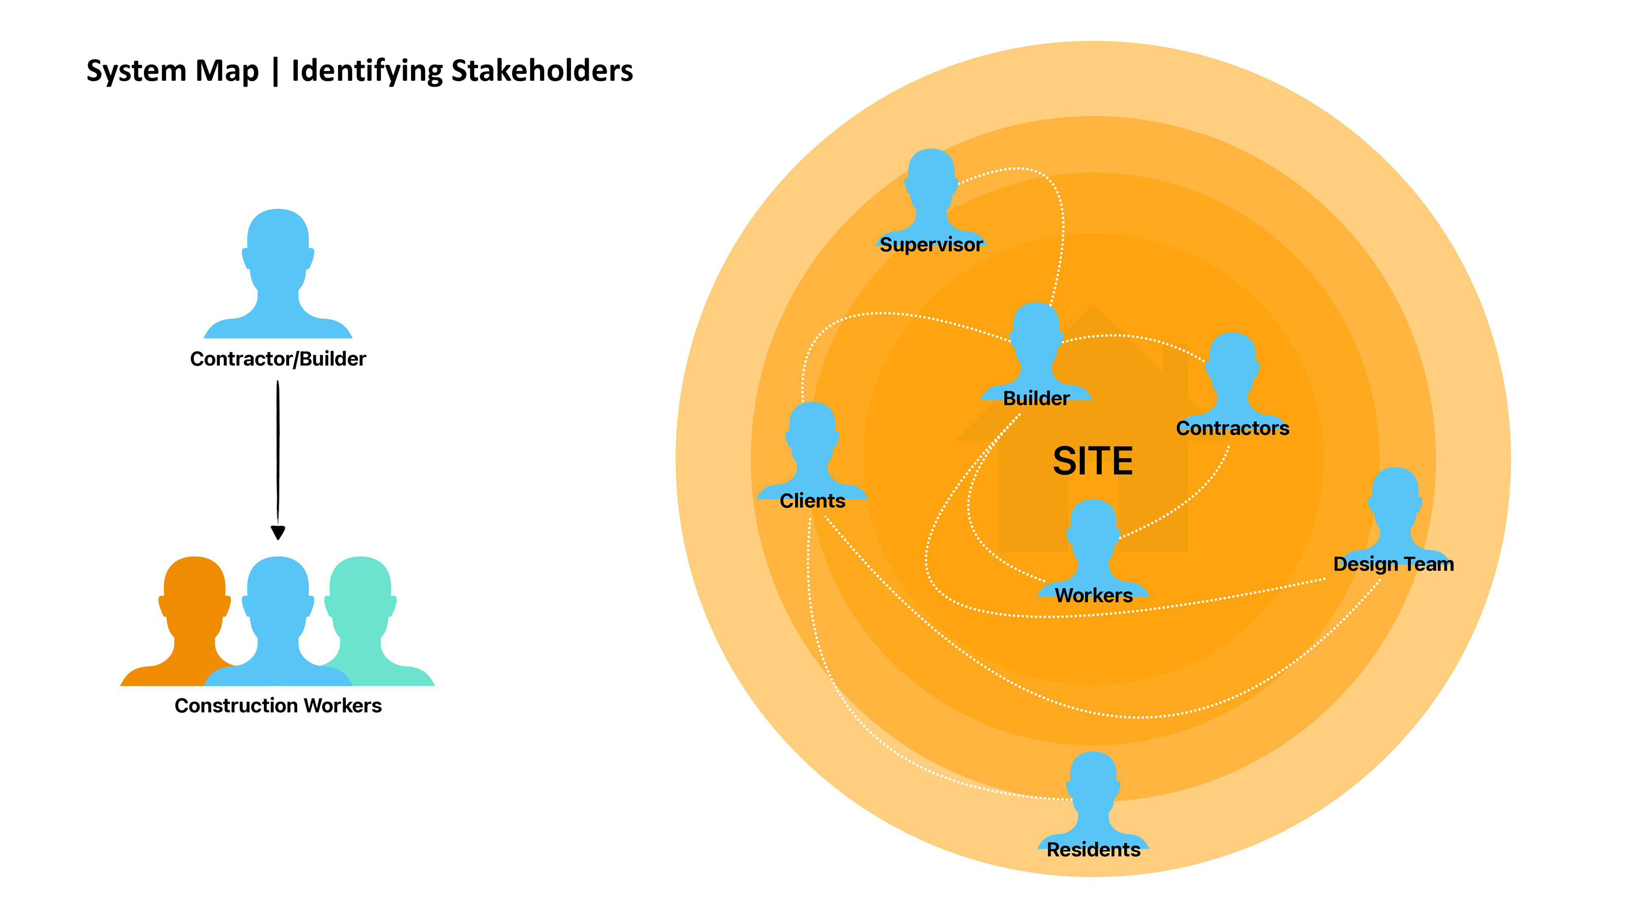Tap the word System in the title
[136, 71]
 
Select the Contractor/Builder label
[278, 359]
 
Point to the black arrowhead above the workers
[278, 532]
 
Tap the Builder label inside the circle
[1036, 399]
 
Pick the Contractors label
[1232, 428]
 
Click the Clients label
[813, 501]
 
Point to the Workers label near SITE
[1093, 595]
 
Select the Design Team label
[1393, 564]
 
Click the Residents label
[1093, 850]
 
